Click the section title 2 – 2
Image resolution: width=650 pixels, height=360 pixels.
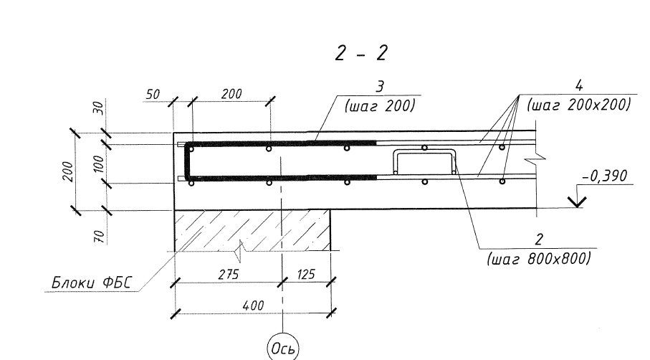coord(361,52)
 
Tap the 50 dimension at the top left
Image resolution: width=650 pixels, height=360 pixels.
coord(153,95)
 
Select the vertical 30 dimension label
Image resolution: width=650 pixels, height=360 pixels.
coord(99,109)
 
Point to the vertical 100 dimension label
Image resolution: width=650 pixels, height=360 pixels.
coord(99,164)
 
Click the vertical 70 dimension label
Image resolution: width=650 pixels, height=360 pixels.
coord(99,237)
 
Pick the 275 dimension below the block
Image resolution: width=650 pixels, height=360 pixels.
coord(229,274)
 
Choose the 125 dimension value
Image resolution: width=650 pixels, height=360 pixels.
coord(306,274)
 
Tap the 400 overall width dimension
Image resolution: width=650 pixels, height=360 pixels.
coord(253,305)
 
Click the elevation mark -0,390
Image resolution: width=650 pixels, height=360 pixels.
coord(605,176)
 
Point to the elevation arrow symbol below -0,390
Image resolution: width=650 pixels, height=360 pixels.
coord(577,202)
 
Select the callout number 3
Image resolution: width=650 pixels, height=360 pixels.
coord(380,87)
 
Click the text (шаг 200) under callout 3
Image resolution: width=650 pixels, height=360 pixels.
coord(380,106)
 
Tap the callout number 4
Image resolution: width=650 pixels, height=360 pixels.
coord(579,86)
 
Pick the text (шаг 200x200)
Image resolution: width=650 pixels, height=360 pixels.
coord(579,105)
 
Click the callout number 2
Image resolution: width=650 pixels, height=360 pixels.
coord(539,240)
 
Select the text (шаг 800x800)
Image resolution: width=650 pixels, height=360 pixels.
coord(539,259)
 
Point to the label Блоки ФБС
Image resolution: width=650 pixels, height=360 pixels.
coord(91,283)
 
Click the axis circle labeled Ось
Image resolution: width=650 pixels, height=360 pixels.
coord(282,348)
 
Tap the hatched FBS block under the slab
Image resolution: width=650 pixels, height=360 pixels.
coord(252,231)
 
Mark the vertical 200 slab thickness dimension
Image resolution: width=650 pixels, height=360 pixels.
coord(68,171)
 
